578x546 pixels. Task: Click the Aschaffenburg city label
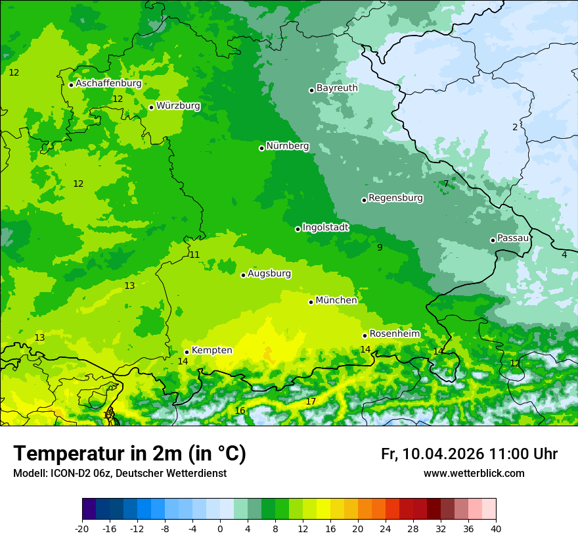coord(108,84)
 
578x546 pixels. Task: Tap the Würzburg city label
coord(178,106)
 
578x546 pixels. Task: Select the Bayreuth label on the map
coord(337,88)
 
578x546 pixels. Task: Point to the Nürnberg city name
coord(287,146)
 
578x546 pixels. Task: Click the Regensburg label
coord(395,198)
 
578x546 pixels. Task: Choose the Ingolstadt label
coord(325,228)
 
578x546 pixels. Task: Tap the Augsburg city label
coord(269,274)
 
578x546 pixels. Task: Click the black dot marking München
coord(311,302)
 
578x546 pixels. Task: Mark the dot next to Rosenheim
coord(365,335)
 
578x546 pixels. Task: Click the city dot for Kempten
coord(187,352)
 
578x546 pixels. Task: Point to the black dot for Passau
coord(493,240)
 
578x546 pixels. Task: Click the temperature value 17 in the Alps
coord(311,401)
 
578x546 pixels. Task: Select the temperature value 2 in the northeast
coord(515,127)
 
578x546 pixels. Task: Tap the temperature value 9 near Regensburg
coord(380,247)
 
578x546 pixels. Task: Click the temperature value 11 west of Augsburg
coord(194,255)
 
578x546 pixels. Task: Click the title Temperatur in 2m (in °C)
coord(129,454)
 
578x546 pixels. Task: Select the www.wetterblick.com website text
coord(474,473)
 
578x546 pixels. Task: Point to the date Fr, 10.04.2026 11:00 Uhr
coord(469,454)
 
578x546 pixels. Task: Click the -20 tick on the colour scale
coord(82,528)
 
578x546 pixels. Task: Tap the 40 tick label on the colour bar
coord(495,528)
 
